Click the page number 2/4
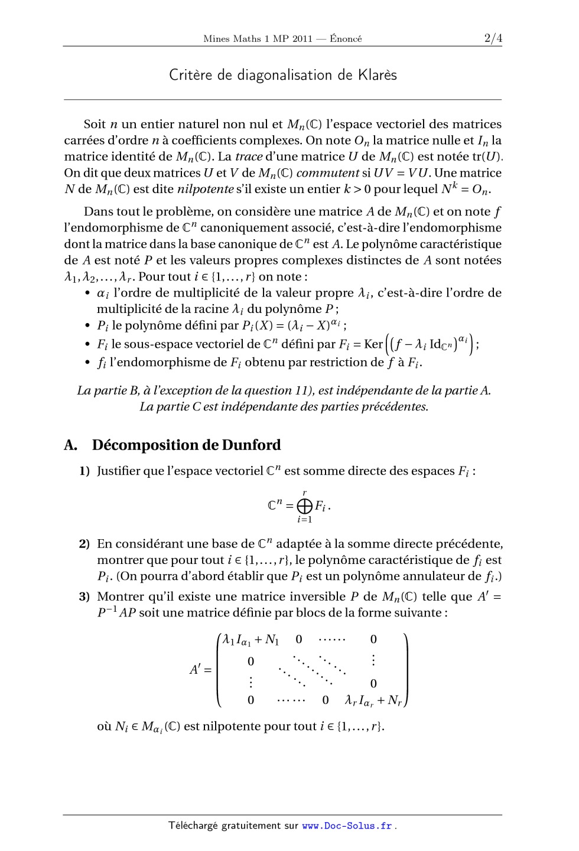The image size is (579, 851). [493, 38]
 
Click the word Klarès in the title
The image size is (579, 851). [377, 75]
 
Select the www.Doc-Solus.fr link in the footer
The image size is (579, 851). [347, 826]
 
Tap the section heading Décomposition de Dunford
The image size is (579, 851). [186, 445]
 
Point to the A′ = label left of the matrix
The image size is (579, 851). [200, 670]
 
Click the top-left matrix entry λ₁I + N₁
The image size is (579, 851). [251, 640]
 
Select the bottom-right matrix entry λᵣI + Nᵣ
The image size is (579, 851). [373, 701]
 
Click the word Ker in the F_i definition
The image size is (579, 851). [373, 344]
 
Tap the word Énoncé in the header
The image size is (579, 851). [346, 39]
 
